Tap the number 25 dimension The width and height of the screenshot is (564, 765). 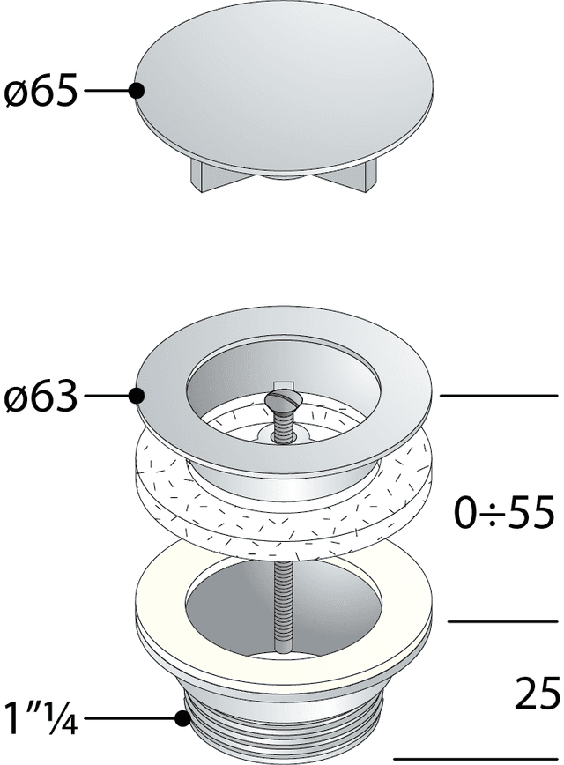[x=536, y=693]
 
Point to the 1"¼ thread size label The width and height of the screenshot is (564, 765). [x=41, y=718]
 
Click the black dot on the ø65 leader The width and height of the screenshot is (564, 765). [x=136, y=90]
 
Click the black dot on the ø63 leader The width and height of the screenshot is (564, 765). [x=136, y=396]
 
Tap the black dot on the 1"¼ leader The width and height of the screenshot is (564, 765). [x=182, y=718]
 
